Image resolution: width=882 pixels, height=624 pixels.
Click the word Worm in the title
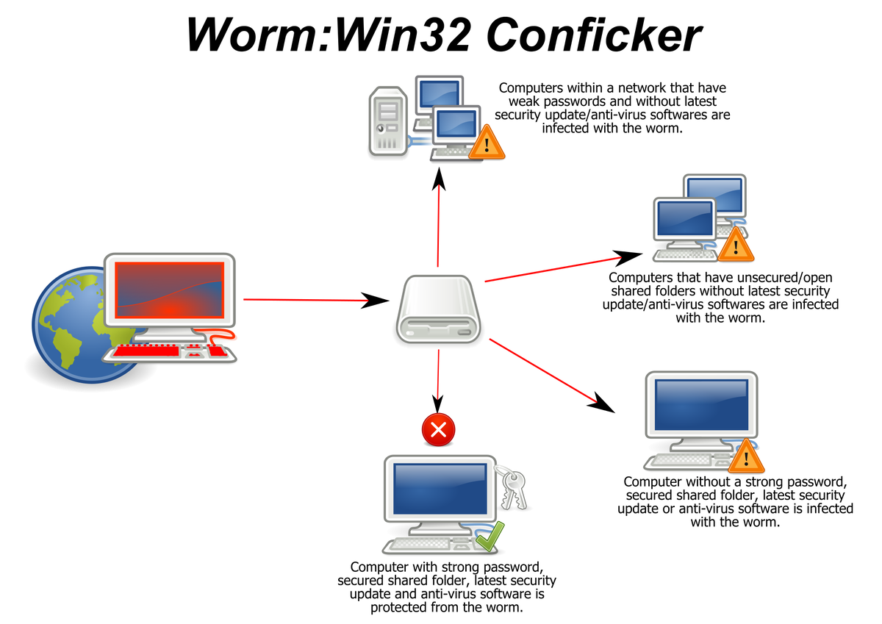pyautogui.click(x=253, y=35)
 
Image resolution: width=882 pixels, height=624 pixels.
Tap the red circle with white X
pyautogui.click(x=438, y=429)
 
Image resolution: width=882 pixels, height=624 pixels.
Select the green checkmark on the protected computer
pyautogui.click(x=490, y=536)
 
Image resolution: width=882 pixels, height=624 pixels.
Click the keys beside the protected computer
pyautogui.click(x=512, y=487)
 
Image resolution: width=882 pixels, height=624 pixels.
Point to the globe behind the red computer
pyautogui.click(x=85, y=325)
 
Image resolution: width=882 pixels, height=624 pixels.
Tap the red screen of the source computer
pyautogui.click(x=170, y=290)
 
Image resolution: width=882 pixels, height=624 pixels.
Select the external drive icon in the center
pyautogui.click(x=438, y=309)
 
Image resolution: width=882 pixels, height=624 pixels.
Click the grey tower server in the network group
pyautogui.click(x=388, y=121)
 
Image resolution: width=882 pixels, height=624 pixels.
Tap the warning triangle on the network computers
pyautogui.click(x=487, y=142)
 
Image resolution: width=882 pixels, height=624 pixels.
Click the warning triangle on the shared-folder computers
pyautogui.click(x=736, y=245)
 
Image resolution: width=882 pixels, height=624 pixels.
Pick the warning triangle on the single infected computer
pyautogui.click(x=746, y=456)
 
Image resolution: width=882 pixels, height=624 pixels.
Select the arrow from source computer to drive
pyautogui.click(x=316, y=300)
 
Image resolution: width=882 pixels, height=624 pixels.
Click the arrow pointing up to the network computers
pyautogui.click(x=438, y=218)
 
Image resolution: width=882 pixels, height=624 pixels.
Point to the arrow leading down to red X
pyautogui.click(x=438, y=381)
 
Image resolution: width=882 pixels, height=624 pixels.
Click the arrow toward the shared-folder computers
pyautogui.click(x=564, y=266)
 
